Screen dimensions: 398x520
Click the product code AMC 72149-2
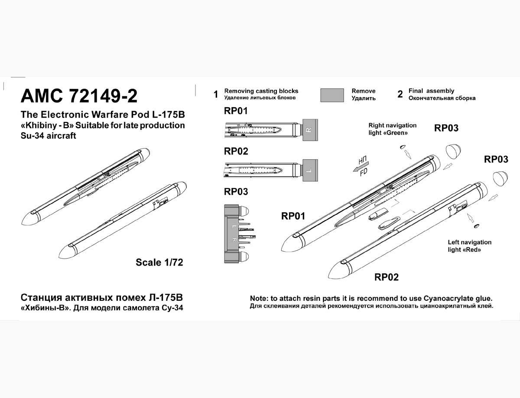point(79,96)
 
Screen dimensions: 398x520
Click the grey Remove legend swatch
point(332,95)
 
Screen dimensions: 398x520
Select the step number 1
point(216,95)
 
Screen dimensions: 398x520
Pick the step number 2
point(400,95)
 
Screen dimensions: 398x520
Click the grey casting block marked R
point(309,129)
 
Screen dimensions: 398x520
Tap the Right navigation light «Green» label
point(392,129)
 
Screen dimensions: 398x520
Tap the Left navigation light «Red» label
point(469,246)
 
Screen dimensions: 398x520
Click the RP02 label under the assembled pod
point(387,277)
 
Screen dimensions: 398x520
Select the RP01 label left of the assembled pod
point(293,216)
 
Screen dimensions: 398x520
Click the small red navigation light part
point(477,226)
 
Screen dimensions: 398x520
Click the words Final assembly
point(431,91)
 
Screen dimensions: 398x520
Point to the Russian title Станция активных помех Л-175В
point(102,298)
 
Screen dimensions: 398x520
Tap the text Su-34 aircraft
point(48,135)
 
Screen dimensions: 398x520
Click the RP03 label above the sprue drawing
point(236,191)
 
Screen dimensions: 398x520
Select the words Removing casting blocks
point(261,91)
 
